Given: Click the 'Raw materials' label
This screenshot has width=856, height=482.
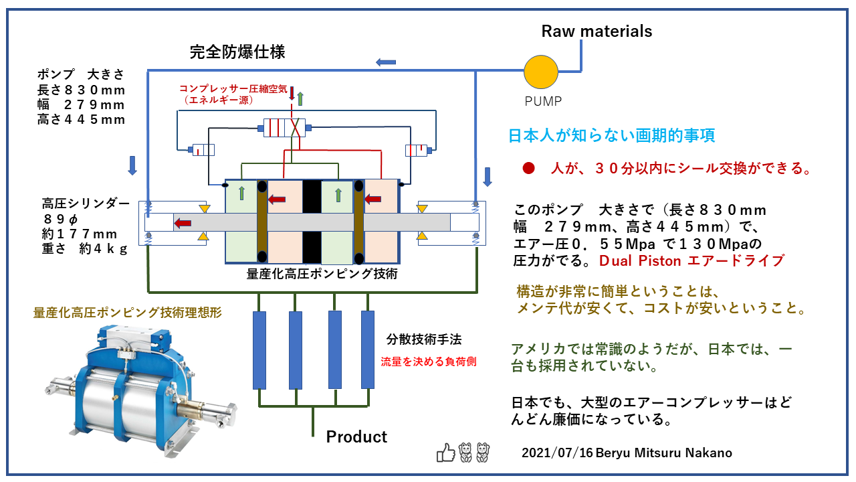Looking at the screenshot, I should pos(597,31).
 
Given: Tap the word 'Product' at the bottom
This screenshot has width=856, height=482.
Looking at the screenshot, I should pos(356,436).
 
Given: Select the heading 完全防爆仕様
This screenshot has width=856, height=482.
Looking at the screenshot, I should pos(237,51).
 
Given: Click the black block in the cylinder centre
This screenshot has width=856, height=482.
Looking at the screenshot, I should pos(311,222).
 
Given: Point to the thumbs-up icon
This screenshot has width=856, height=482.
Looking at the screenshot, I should pos(445,453).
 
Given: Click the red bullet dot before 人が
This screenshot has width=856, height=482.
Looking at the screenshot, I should pos(528,169).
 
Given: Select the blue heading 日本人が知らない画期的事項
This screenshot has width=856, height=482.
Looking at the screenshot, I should pos(612,135).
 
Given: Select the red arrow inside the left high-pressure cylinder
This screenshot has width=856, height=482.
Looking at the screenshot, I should pos(183,222).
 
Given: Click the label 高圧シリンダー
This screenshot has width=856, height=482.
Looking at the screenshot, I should pos(85,204).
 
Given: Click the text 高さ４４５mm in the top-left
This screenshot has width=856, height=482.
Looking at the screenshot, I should pos(82,120).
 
